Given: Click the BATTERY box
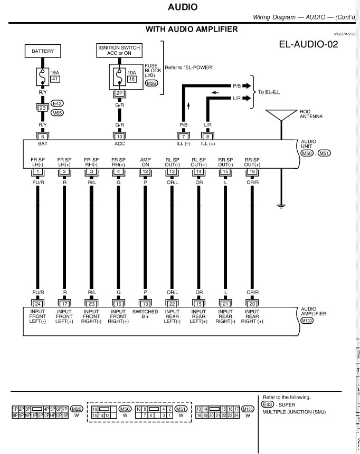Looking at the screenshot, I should tap(43, 51).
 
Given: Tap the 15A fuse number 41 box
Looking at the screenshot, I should tap(55, 79).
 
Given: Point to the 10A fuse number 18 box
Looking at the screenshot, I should tap(132, 79).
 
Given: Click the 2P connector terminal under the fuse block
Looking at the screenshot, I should tap(120, 92).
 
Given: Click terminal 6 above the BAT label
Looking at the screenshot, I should tap(43, 136).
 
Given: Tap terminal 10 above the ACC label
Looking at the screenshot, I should tap(120, 136).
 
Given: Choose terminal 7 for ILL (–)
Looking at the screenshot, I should tap(184, 136).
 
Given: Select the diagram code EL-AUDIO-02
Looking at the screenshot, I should tap(308, 44).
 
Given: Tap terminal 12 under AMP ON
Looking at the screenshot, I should tap(145, 171).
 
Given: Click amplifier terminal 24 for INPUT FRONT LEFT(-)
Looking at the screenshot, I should tap(37, 304).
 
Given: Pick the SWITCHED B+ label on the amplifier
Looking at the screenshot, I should tap(145, 315).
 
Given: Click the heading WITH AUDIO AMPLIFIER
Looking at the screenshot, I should tap(192, 29).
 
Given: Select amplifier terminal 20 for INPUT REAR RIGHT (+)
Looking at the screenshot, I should tap(252, 304).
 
